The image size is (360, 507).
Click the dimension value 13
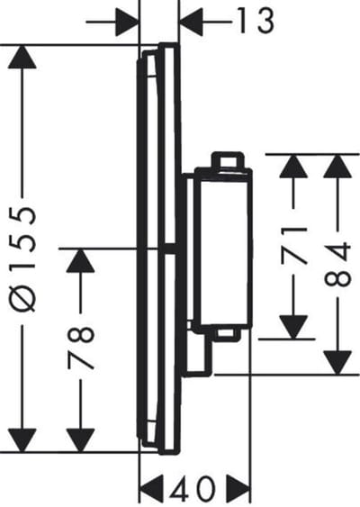coord(256,21)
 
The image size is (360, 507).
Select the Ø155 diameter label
coord(22,259)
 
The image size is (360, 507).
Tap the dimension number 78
coord(81,348)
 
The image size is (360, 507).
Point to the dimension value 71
coord(294,246)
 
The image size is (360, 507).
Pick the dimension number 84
coord(337,264)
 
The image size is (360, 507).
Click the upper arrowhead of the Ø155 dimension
coord(22,57)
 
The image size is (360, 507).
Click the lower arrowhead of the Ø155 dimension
coord(22,440)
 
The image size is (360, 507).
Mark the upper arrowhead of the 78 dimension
coord(80,260)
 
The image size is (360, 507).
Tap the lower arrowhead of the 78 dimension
coord(80,440)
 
